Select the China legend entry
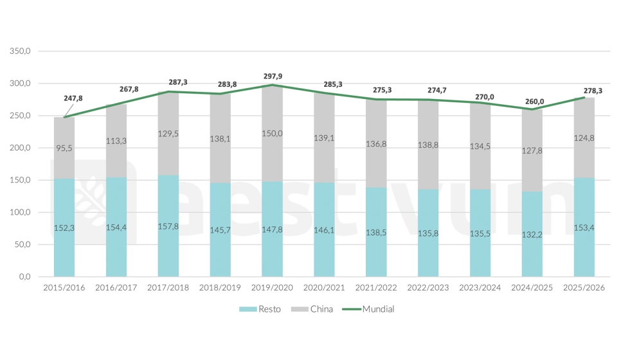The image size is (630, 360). [314, 309]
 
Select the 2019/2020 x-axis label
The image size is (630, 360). [273, 288]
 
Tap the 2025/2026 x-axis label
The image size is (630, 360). [584, 288]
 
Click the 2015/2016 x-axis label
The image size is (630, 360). [64, 288]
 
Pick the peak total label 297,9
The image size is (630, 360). [273, 76]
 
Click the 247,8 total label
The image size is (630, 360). [73, 98]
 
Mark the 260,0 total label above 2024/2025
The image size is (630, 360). [534, 101]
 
